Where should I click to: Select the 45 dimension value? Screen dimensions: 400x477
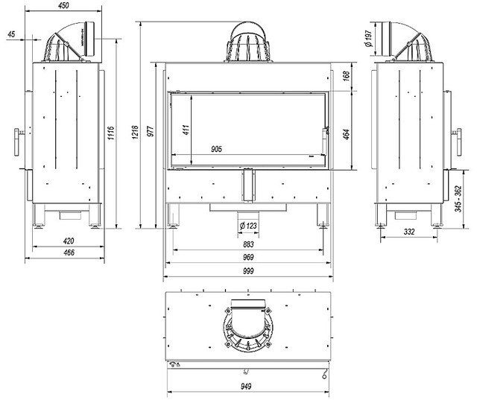pyautogui.click(x=10, y=34)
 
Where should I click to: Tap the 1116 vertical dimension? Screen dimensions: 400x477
pyautogui.click(x=110, y=134)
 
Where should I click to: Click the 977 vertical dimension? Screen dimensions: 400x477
pyautogui.click(x=150, y=131)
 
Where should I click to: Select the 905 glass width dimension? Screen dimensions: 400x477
pyautogui.click(x=217, y=149)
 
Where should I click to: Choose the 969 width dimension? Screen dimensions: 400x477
pyautogui.click(x=247, y=258)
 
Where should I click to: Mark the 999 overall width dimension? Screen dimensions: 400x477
pyautogui.click(x=247, y=272)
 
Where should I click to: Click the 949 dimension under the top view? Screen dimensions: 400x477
pyautogui.click(x=247, y=387)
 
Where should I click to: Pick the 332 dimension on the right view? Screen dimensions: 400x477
pyautogui.click(x=409, y=232)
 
